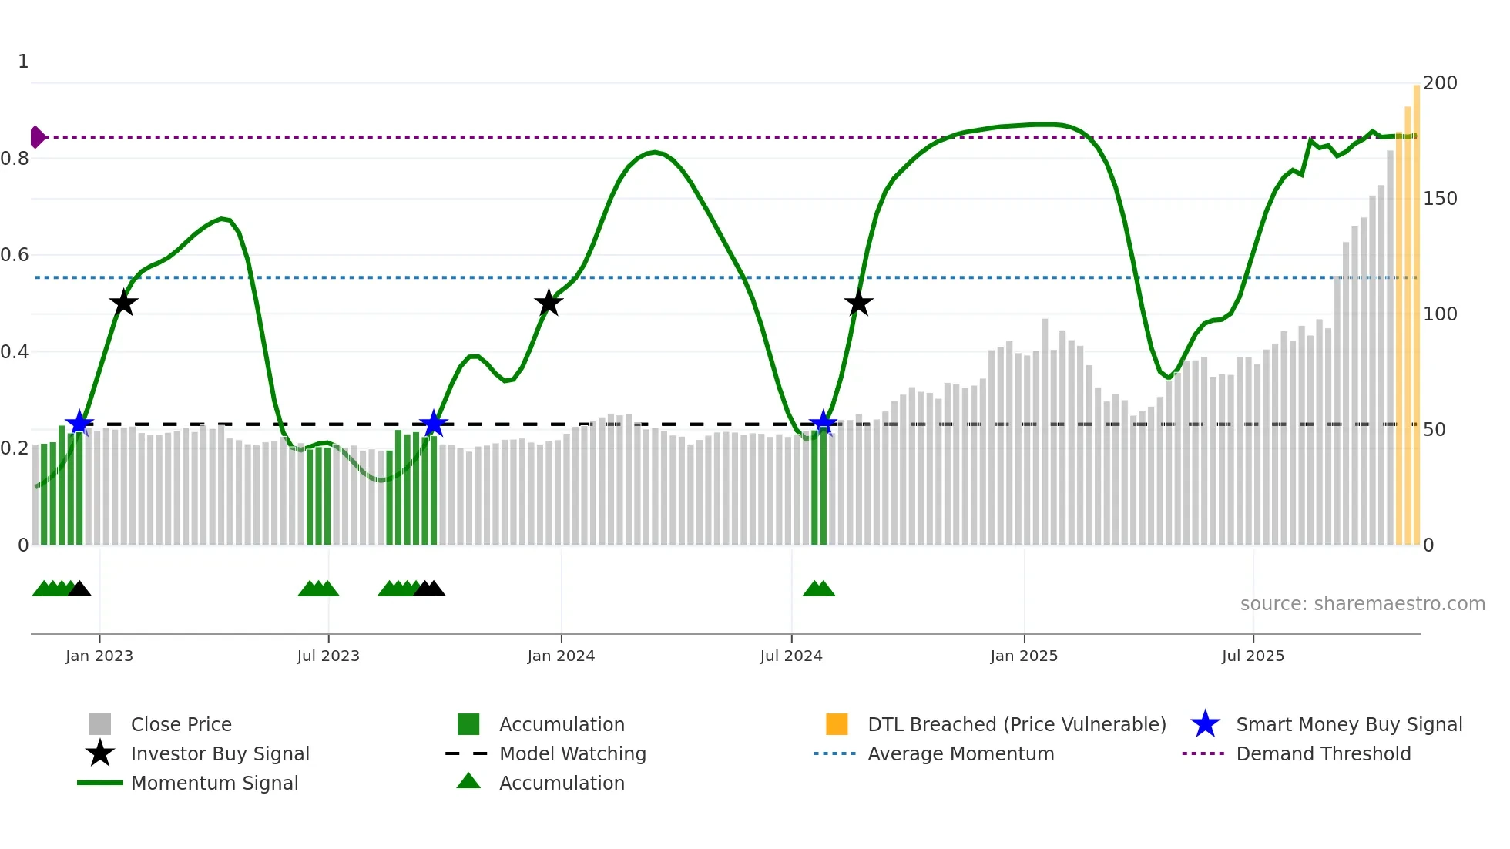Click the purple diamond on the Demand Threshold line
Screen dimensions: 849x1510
pos(37,137)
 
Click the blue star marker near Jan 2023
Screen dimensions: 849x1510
pos(79,423)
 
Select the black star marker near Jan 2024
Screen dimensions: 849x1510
pos(549,304)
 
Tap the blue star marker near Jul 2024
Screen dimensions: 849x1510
pos(823,423)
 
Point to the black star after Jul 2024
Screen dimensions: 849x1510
pos(858,304)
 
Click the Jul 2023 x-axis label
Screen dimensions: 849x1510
pos(328,656)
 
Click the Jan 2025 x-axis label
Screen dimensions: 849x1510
pos(1024,656)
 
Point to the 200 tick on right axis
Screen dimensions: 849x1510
pos(1440,83)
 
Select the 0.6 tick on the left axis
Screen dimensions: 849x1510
pos(15,255)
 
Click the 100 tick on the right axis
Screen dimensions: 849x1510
pos(1440,314)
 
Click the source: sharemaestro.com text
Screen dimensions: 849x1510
pos(1362,604)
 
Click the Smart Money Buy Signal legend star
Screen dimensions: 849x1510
pos(1205,724)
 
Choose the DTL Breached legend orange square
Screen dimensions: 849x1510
pos(837,724)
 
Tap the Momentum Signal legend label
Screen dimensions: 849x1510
pos(214,783)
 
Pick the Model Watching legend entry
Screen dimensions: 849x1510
pos(572,753)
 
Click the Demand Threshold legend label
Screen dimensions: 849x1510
pos(1323,753)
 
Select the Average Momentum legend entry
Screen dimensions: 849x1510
pos(961,753)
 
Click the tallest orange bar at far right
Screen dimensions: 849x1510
pos(1417,308)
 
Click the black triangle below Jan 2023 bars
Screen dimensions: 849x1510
pos(79,589)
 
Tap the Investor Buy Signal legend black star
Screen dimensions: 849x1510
pos(100,753)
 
